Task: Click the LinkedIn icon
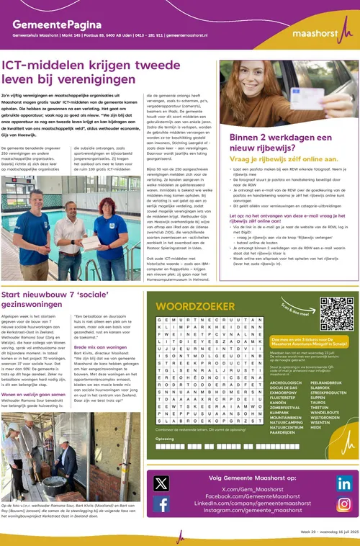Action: tap(344, 484)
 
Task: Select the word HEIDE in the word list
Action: tap(315, 427)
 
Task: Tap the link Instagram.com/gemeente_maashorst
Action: tap(251, 510)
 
